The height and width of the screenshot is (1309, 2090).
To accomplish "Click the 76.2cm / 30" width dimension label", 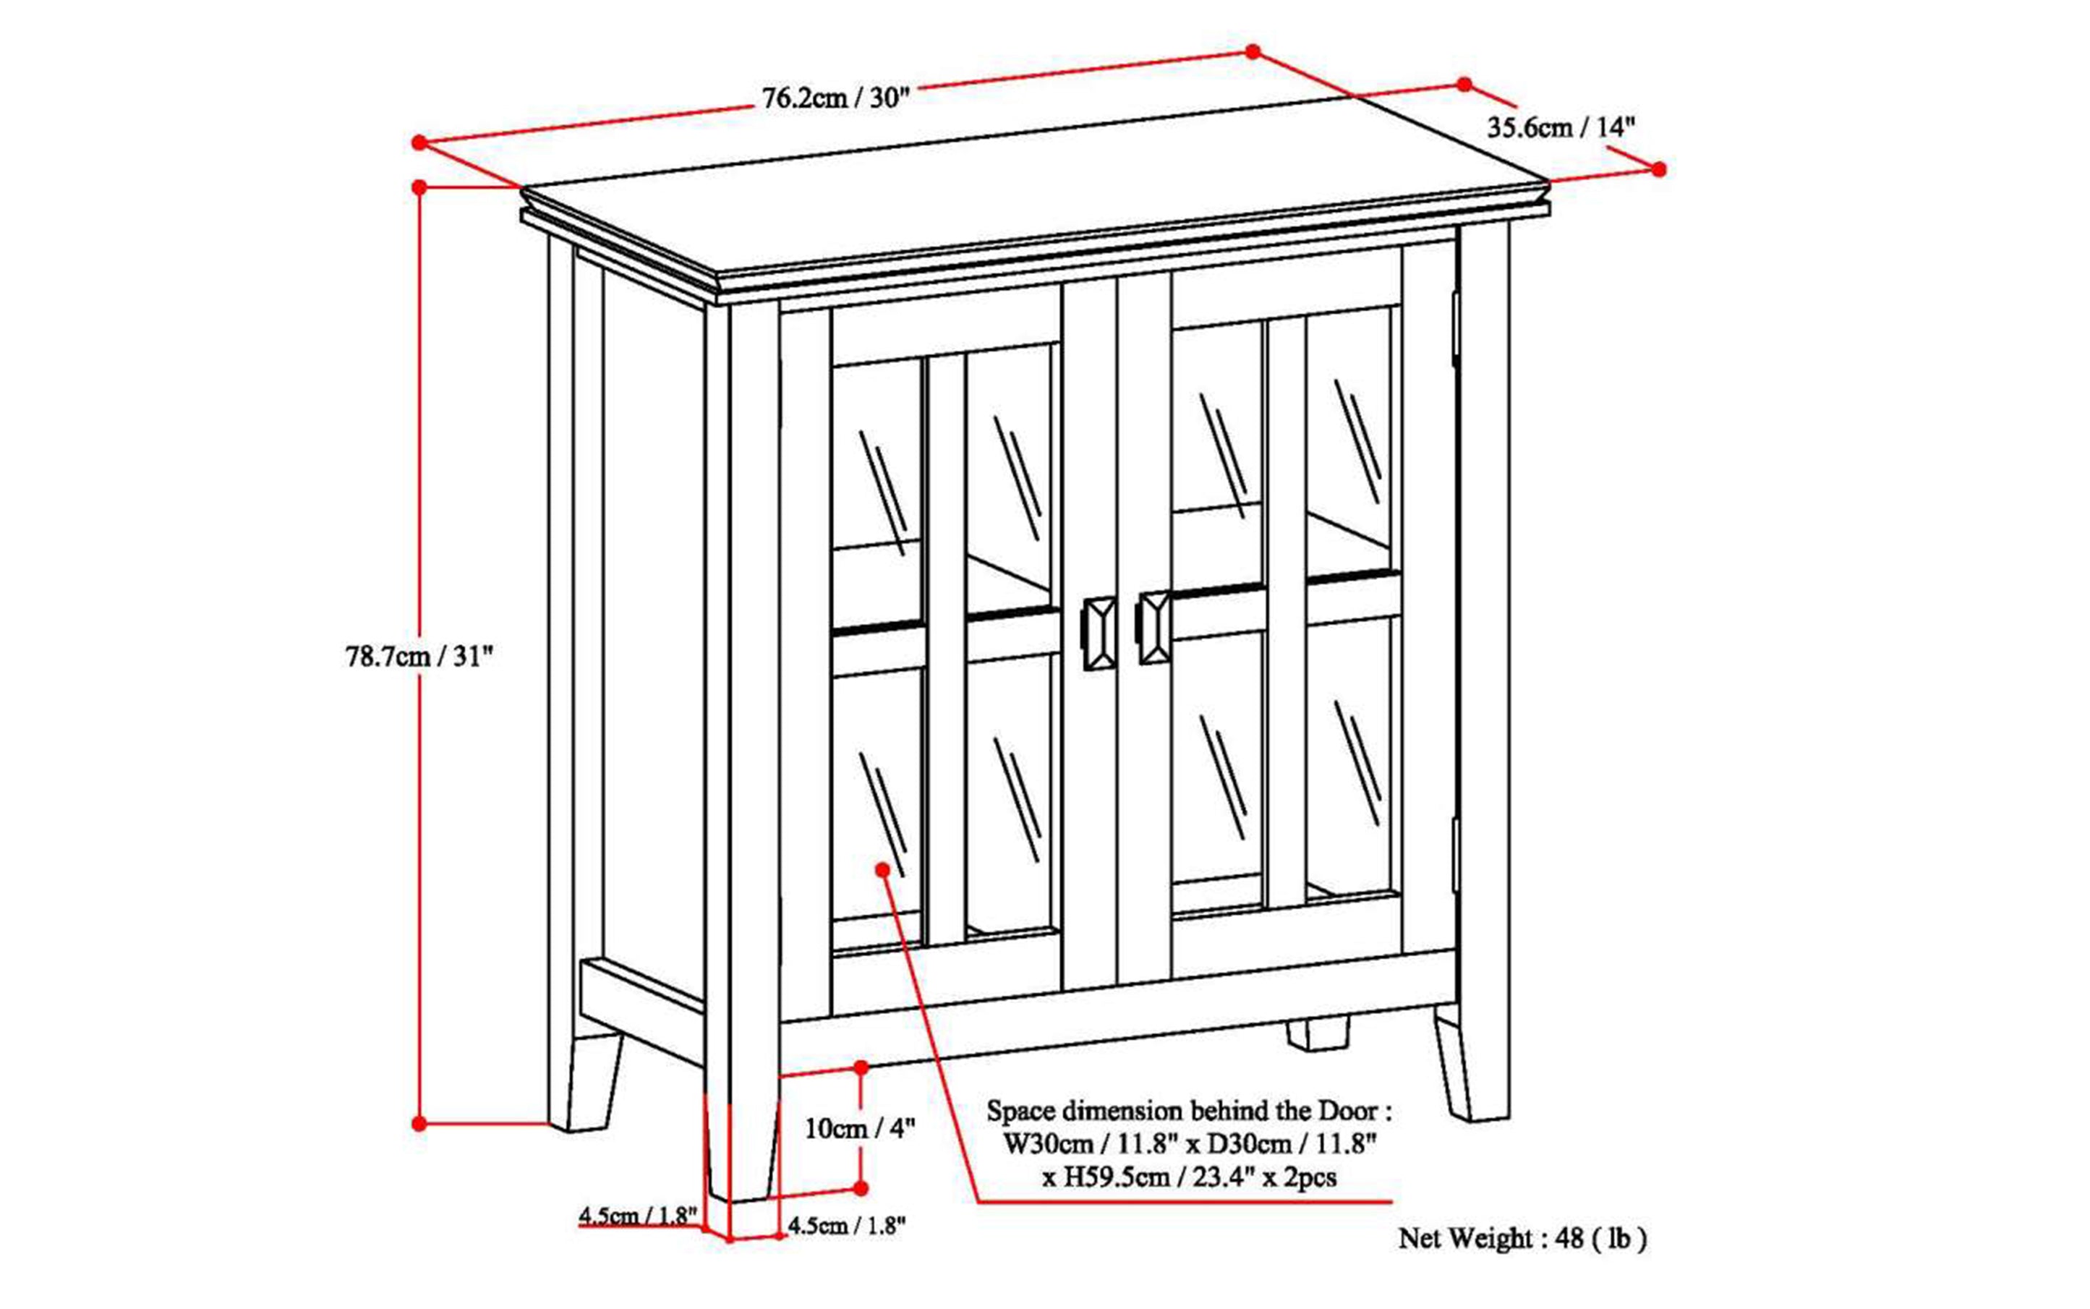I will [x=835, y=97].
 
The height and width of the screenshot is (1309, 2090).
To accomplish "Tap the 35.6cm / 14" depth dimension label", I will [x=1560, y=127].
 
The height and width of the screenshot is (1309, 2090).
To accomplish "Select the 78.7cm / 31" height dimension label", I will [x=418, y=656].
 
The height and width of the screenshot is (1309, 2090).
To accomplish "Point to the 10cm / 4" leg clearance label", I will [x=859, y=1128].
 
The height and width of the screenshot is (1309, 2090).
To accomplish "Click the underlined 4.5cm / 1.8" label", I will [x=638, y=1215].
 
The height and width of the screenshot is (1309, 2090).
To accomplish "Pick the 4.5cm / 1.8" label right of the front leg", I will [x=846, y=1225].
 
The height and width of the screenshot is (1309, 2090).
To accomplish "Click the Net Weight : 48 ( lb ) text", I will [x=1522, y=1238].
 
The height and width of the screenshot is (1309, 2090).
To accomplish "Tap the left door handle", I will [x=1099, y=632].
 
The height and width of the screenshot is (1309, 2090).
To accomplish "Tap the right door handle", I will [x=1153, y=628].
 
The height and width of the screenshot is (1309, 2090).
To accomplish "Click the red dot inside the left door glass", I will [x=882, y=869].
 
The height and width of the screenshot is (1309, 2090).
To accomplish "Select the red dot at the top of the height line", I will [x=419, y=187].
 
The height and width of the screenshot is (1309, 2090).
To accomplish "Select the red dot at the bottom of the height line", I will [x=419, y=1124].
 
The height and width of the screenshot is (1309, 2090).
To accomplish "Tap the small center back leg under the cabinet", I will [x=1317, y=1033].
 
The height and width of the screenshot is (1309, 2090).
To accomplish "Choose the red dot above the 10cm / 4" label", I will [x=861, y=1067].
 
